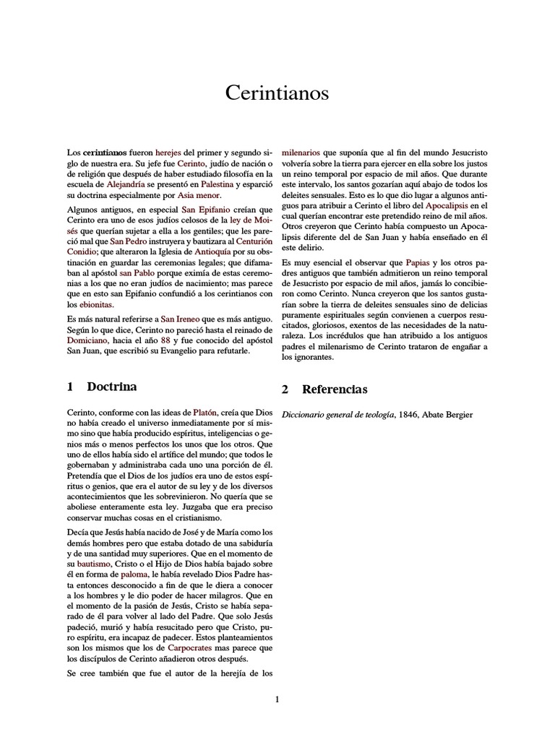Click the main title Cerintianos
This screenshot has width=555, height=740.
tap(277, 93)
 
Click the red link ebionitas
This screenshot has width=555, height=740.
tap(95, 305)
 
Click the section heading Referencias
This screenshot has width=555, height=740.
tap(335, 390)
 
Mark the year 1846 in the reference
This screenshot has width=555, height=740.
tap(428, 414)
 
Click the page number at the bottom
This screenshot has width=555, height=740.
tap(277, 699)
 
